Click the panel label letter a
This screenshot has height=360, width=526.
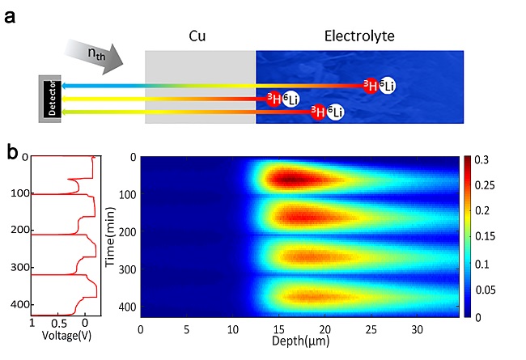(12, 14)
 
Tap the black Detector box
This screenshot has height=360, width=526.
(50, 99)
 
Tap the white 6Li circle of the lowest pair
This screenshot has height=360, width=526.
(333, 112)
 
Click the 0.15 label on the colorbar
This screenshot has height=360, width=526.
(488, 237)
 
